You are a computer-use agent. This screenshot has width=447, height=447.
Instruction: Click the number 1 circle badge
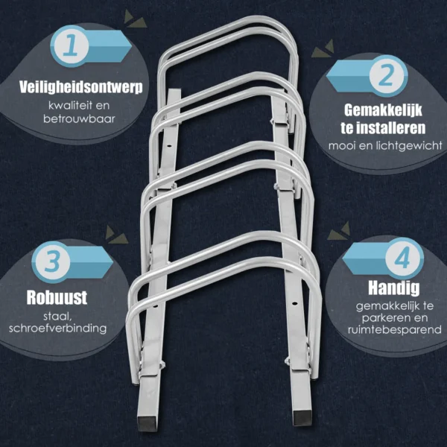(71, 46)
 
